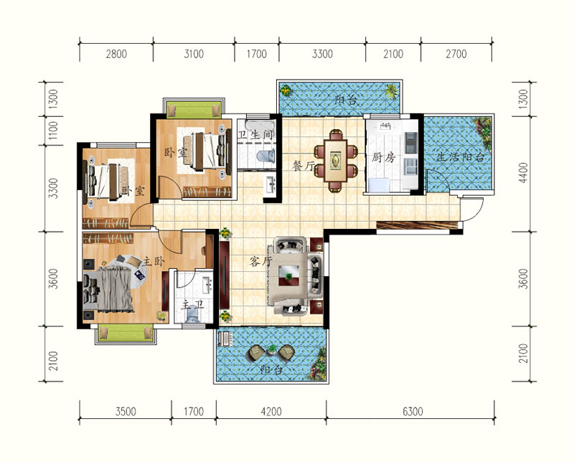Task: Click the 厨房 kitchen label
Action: (384, 158)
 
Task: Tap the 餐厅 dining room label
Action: (303, 166)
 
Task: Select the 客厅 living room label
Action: (261, 261)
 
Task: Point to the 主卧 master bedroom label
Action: (154, 261)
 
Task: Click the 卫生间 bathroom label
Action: (256, 135)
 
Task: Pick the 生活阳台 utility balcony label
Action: (461, 158)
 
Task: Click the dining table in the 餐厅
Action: (335, 161)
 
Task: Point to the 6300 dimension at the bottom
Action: (413, 412)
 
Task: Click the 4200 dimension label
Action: (271, 412)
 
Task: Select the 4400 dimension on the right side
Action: (524, 173)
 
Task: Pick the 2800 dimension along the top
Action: (116, 55)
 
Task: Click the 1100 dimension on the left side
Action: (53, 131)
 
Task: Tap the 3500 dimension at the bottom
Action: (126, 412)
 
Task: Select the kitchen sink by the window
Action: (385, 127)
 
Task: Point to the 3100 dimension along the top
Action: (194, 55)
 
